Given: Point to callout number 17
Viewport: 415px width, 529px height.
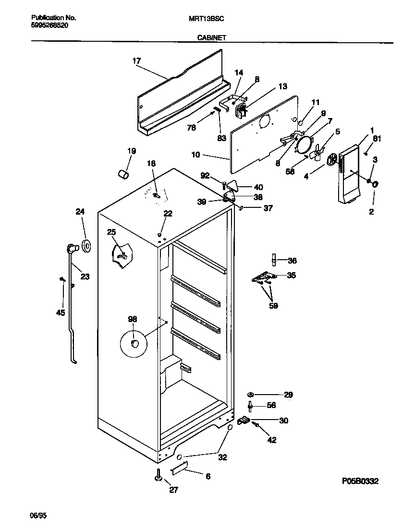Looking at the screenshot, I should [136, 61].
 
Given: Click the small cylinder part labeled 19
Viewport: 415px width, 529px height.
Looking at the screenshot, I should [123, 173].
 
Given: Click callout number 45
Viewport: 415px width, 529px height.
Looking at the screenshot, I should [60, 313].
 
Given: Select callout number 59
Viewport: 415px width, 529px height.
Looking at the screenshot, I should [273, 305].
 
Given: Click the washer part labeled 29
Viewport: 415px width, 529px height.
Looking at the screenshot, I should [250, 395].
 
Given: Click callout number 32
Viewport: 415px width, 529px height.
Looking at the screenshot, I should [222, 457].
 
